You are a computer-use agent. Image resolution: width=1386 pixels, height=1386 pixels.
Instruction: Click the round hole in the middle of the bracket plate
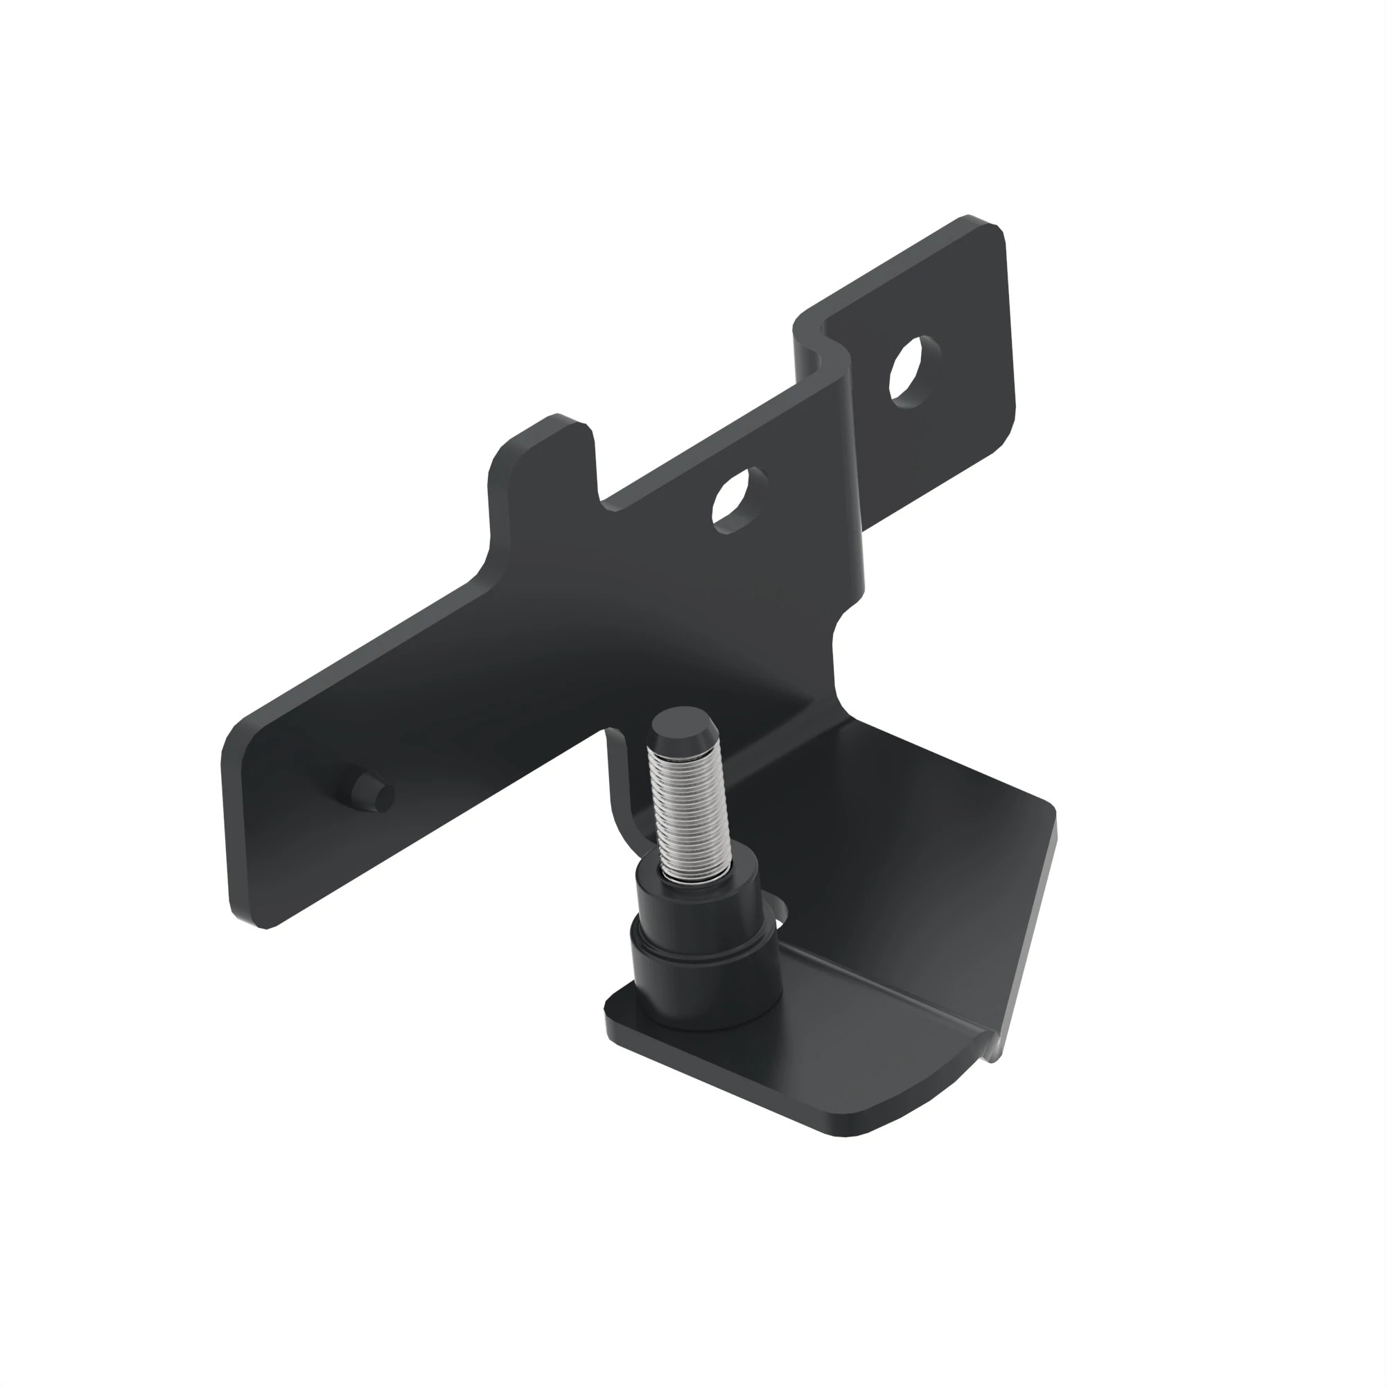tap(739, 500)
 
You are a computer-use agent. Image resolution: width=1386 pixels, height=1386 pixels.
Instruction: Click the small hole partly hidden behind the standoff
tap(782, 914)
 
